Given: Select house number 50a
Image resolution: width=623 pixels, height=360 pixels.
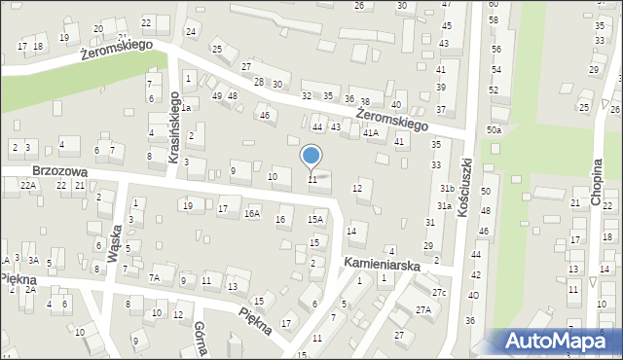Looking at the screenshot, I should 495,130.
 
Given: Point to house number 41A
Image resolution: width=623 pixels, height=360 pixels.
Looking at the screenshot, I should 371,133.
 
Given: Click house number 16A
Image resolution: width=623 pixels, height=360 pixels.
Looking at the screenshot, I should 252,214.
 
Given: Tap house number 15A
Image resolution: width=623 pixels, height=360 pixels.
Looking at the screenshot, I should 314,220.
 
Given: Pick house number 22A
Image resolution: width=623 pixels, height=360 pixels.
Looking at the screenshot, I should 28,185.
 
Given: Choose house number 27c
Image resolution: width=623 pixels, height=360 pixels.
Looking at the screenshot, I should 440,292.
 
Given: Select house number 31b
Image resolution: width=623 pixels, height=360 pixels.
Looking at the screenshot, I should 447,188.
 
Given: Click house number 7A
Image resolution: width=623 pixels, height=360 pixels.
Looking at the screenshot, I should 154,277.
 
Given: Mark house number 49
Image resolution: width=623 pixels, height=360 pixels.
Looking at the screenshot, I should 216,95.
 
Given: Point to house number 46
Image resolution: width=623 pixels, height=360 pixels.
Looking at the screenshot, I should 264,116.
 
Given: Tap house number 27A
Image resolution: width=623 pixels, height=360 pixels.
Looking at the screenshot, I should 423,310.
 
